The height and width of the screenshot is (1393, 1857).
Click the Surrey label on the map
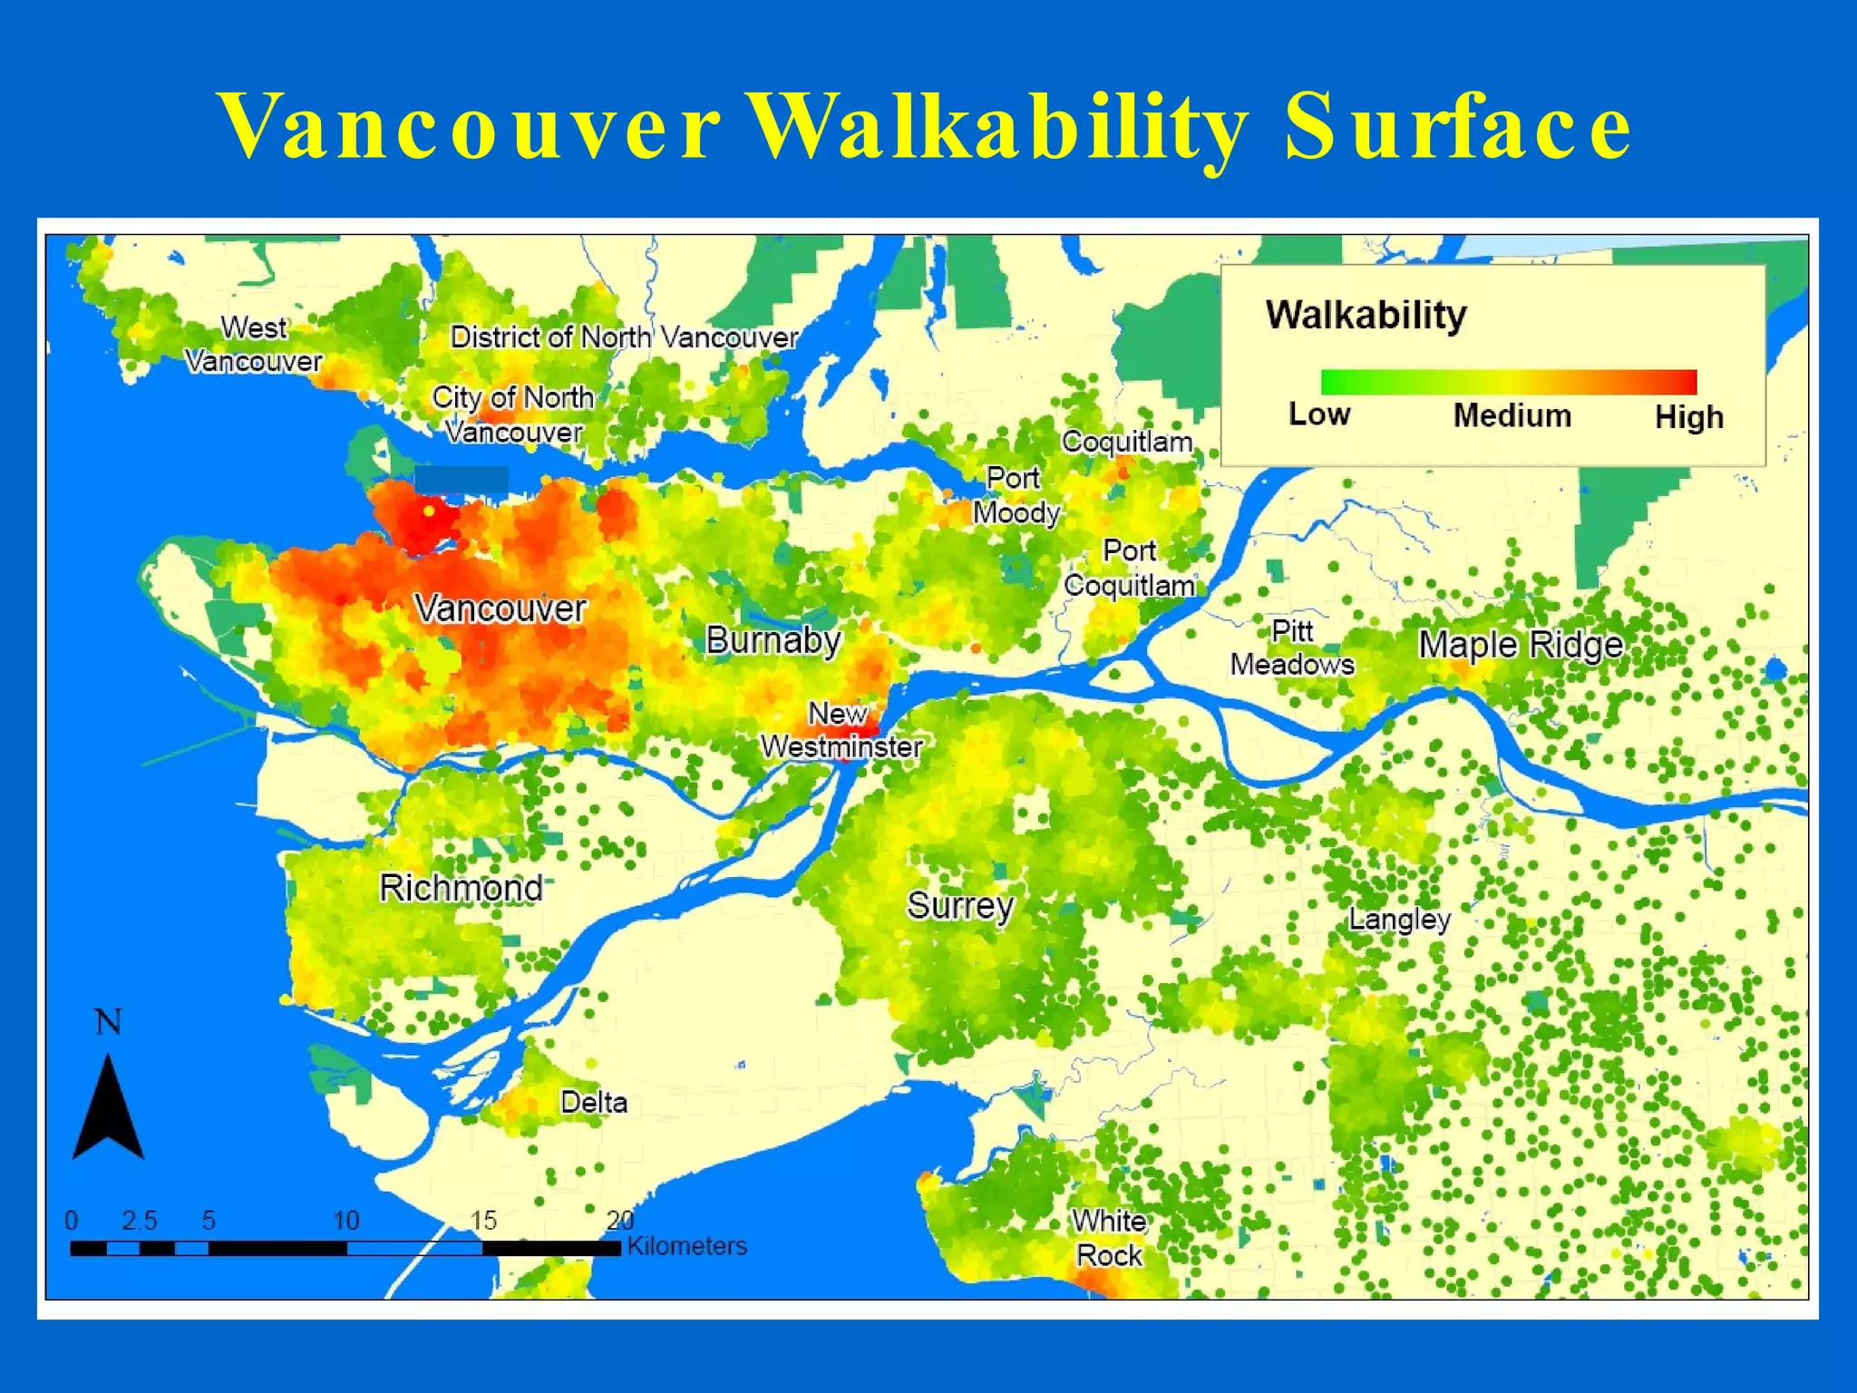click(960, 905)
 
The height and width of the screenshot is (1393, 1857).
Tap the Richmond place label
click(461, 887)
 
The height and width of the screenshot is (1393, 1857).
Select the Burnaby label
click(773, 640)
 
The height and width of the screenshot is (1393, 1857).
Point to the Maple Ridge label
click(1521, 645)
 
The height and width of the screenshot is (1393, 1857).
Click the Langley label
click(1399, 919)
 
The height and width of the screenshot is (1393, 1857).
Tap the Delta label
click(594, 1102)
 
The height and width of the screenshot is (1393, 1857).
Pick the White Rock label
click(1109, 1238)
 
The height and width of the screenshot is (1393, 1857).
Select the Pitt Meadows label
click(1292, 648)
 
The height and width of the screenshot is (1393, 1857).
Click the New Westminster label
click(841, 730)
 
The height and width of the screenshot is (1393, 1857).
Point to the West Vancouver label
click(254, 344)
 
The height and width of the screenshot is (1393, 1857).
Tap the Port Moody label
click(1016, 495)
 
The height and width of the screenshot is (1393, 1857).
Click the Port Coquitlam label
click(1130, 568)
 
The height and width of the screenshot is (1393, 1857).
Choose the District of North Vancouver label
click(624, 337)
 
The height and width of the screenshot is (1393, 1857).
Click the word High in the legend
click(1688, 417)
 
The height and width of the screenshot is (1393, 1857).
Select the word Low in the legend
click(1319, 414)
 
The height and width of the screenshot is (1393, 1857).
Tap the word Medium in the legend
click(1512, 415)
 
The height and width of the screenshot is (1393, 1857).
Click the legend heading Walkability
click(1366, 316)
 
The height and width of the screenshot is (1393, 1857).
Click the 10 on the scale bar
click(346, 1221)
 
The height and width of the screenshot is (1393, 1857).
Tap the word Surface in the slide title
click(1458, 127)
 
